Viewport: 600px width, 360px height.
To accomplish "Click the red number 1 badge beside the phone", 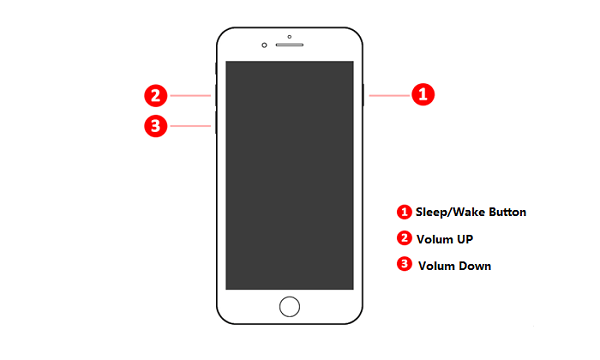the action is click(422, 95).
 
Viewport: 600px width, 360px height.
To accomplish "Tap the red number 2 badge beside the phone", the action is click(155, 96).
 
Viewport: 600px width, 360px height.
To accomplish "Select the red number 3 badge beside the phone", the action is click(155, 126).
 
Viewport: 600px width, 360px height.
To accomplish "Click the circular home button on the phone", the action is click(289, 305).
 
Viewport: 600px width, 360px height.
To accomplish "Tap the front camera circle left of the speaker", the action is click(264, 45).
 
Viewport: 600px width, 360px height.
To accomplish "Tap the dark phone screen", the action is click(289, 175).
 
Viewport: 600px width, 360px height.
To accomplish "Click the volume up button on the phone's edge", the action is click(215, 96).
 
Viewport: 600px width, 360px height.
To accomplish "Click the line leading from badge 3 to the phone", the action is click(190, 126).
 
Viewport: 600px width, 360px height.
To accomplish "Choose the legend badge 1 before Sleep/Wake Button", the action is click(405, 212).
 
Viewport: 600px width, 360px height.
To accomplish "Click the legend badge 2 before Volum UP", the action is click(405, 239).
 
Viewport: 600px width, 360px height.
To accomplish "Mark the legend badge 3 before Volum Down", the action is click(405, 265).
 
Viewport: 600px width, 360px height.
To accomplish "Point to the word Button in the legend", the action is click(507, 212).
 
